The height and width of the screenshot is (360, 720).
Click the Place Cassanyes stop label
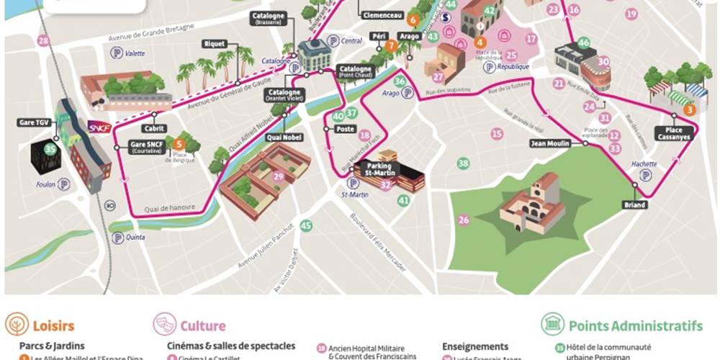pyautogui.click(x=674, y=132)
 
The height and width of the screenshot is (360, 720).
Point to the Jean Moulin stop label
pyautogui.click(x=549, y=143)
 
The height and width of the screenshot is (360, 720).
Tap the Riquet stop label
pyautogui.click(x=215, y=43)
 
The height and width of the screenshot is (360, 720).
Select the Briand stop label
pyautogui.click(x=635, y=205)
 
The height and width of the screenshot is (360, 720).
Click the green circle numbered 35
pyautogui.click(x=50, y=150)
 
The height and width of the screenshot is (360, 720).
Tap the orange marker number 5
pyautogui.click(x=179, y=144)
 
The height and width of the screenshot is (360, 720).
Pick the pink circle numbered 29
pyautogui.click(x=278, y=176)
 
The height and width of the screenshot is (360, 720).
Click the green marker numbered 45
pyautogui.click(x=306, y=226)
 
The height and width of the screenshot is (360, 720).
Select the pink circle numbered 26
pyautogui.click(x=464, y=220)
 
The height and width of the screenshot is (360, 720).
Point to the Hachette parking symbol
pyautogui.click(x=646, y=175)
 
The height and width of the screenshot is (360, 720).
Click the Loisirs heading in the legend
pyautogui.click(x=51, y=326)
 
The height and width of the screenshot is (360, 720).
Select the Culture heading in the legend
pyautogui.click(x=202, y=326)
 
